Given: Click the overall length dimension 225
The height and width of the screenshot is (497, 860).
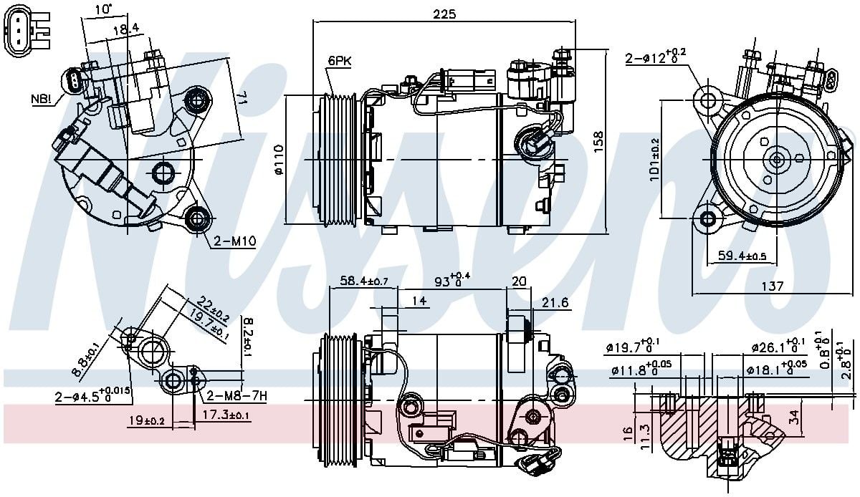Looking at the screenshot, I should tap(445, 13).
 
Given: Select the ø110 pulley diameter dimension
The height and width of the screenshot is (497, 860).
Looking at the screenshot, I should tap(279, 159).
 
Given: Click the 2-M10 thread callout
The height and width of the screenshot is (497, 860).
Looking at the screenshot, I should tap(234, 241).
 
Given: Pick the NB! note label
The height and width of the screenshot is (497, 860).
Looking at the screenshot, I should tap(42, 98).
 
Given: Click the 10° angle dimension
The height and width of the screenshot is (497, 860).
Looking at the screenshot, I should tap(104, 9).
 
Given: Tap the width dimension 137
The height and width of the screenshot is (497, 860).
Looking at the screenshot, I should tap(771, 286).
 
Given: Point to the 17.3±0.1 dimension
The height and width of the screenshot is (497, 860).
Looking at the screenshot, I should tap(226, 415).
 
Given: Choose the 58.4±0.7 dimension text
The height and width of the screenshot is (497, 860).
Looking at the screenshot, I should tap(363, 281).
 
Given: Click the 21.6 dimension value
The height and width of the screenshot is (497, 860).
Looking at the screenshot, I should tap(555, 303).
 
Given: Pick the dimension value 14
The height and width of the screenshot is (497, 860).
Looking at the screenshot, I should tap(420, 301).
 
